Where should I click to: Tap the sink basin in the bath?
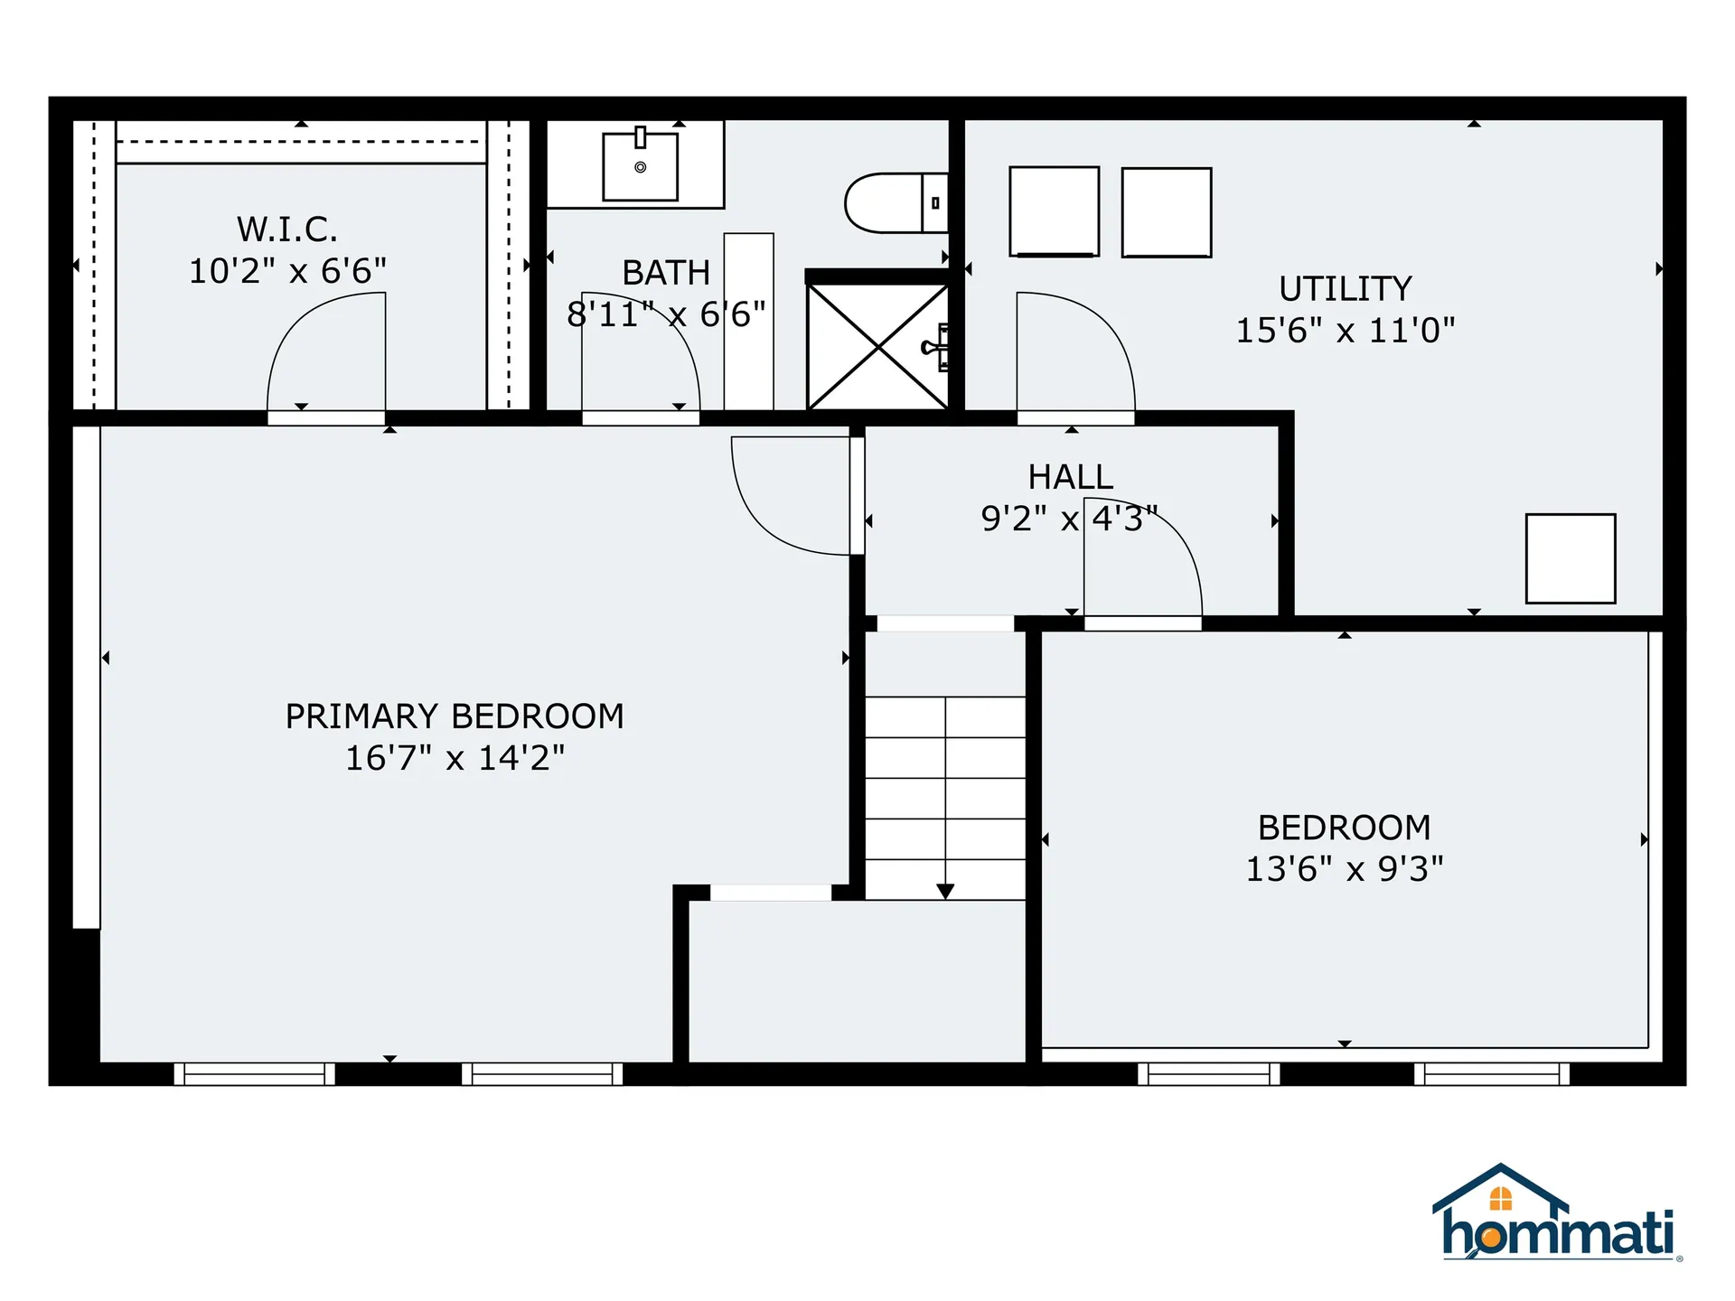(x=640, y=167)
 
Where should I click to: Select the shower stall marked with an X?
(x=877, y=347)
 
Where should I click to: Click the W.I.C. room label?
(x=287, y=229)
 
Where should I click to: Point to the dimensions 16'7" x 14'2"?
(x=455, y=758)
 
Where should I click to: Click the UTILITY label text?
(x=1345, y=289)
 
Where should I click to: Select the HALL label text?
(x=1070, y=477)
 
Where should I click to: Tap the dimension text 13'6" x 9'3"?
(x=1344, y=869)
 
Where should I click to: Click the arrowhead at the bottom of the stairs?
(x=945, y=892)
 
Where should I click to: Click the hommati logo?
(x=1556, y=1215)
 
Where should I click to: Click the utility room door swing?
(x=1075, y=352)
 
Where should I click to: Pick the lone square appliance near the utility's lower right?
(x=1570, y=558)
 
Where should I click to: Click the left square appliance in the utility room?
(x=1054, y=211)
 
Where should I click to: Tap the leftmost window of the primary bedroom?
(x=254, y=1073)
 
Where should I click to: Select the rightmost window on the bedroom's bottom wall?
(x=1491, y=1073)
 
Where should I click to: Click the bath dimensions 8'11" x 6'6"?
(x=666, y=314)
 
